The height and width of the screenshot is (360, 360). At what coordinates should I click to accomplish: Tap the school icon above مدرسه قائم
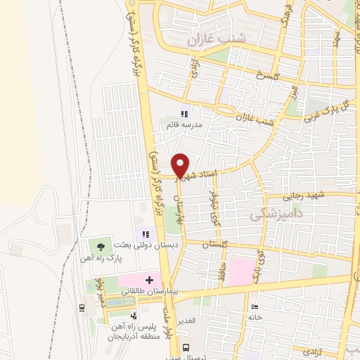coord(184,114)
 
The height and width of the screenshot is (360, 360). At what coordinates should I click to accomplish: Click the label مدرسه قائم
coord(184,124)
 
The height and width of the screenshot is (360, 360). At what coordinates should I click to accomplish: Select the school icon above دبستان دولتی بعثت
coord(146,233)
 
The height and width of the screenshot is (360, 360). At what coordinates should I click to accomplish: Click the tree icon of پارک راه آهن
coord(101,246)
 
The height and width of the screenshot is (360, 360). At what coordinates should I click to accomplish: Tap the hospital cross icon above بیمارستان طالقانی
coord(149,280)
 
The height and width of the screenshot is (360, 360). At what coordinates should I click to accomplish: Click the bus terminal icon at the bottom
coord(186,347)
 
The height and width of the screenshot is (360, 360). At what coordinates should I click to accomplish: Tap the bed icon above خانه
coord(255,307)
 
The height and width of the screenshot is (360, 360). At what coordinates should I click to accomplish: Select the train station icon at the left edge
coord(82,307)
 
